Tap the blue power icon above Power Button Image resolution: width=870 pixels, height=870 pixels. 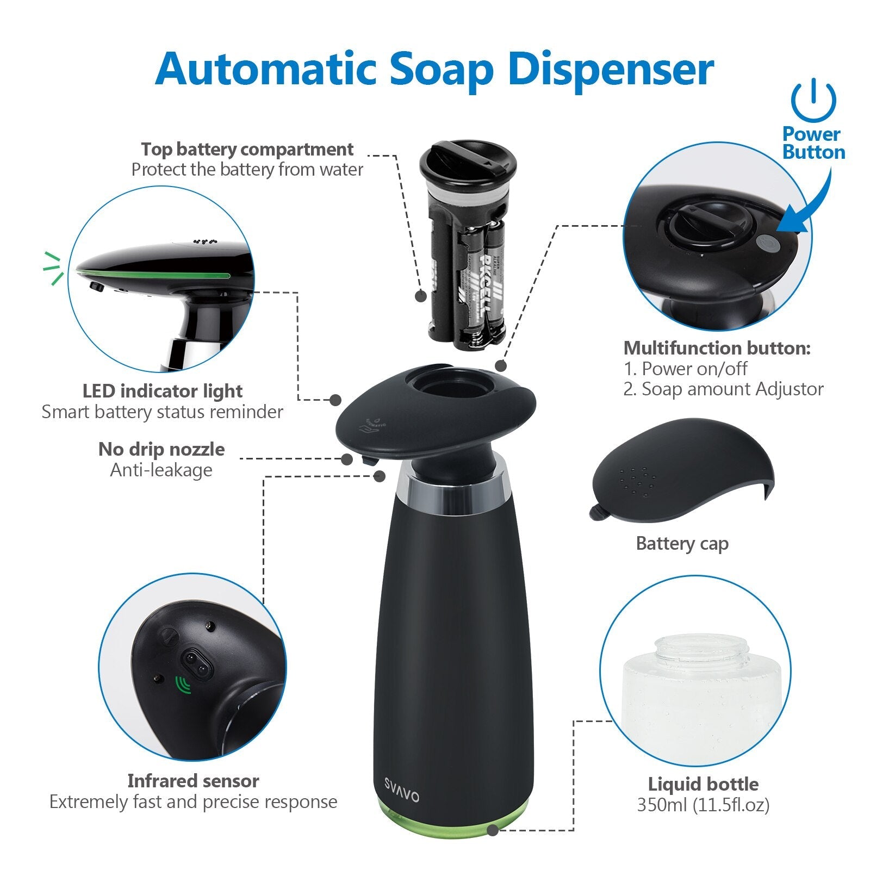813,101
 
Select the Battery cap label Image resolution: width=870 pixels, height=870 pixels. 682,543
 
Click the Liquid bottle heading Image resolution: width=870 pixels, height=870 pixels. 703,784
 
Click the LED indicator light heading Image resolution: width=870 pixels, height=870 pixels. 163,391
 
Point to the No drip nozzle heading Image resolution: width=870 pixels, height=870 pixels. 161,449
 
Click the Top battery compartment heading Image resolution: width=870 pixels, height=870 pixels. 247,149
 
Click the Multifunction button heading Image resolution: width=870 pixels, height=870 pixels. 717,348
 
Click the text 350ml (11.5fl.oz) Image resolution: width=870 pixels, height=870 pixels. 703,805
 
